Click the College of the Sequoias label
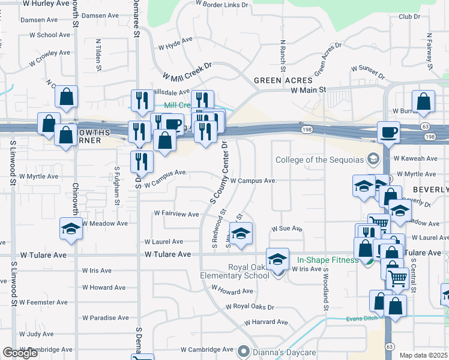click(320, 160)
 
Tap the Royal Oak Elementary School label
click(249, 271)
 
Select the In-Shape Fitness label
click(328, 260)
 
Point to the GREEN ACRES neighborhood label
click(283, 80)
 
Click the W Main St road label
click(308, 90)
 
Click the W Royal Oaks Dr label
click(250, 307)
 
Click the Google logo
click(20, 353)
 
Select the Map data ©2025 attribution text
click(424, 355)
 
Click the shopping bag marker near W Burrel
click(424, 103)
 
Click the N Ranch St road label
click(282, 55)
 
